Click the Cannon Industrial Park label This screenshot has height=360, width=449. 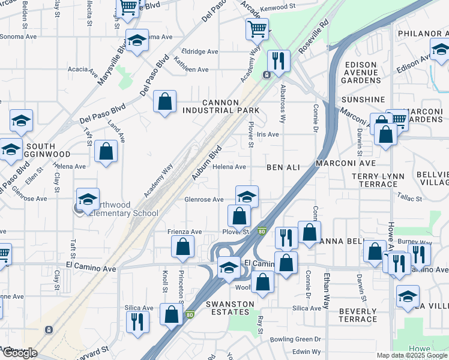click(x=221, y=107)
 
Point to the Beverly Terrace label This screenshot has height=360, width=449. click(x=358, y=315)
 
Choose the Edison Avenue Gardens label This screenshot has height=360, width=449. click(x=361, y=72)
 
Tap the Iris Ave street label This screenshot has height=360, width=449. click(x=268, y=135)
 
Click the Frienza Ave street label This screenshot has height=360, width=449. click(x=185, y=232)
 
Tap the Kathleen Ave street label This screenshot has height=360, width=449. click(x=190, y=70)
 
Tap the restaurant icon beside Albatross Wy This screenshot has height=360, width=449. click(x=279, y=60)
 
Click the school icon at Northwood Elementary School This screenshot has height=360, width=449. click(x=88, y=199)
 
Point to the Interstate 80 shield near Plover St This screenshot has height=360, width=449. click(x=261, y=231)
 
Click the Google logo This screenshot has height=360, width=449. click(x=19, y=353)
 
